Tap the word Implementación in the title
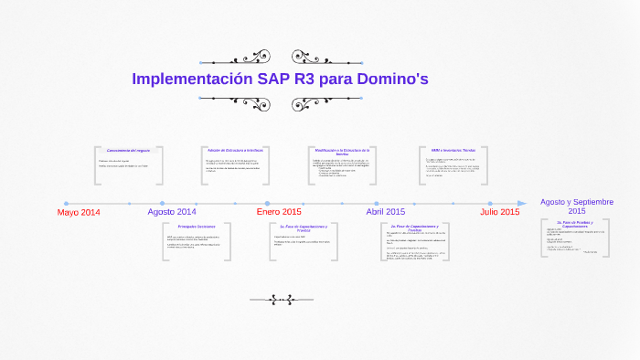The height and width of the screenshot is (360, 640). [190, 79]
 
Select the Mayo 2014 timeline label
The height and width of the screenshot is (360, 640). [79, 212]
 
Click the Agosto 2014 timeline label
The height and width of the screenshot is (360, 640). [172, 211]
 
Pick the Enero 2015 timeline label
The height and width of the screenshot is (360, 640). [279, 211]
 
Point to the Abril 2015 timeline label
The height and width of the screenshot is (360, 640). [386, 211]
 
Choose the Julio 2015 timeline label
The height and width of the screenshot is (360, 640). [500, 211]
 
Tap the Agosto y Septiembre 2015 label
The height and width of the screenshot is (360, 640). [577, 206]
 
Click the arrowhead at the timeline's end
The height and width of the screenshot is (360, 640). [522, 203]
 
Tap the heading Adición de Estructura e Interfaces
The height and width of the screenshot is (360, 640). [235, 150]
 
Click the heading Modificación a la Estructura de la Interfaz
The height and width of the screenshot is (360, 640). [343, 151]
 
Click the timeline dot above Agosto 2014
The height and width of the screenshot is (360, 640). [162, 203]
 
